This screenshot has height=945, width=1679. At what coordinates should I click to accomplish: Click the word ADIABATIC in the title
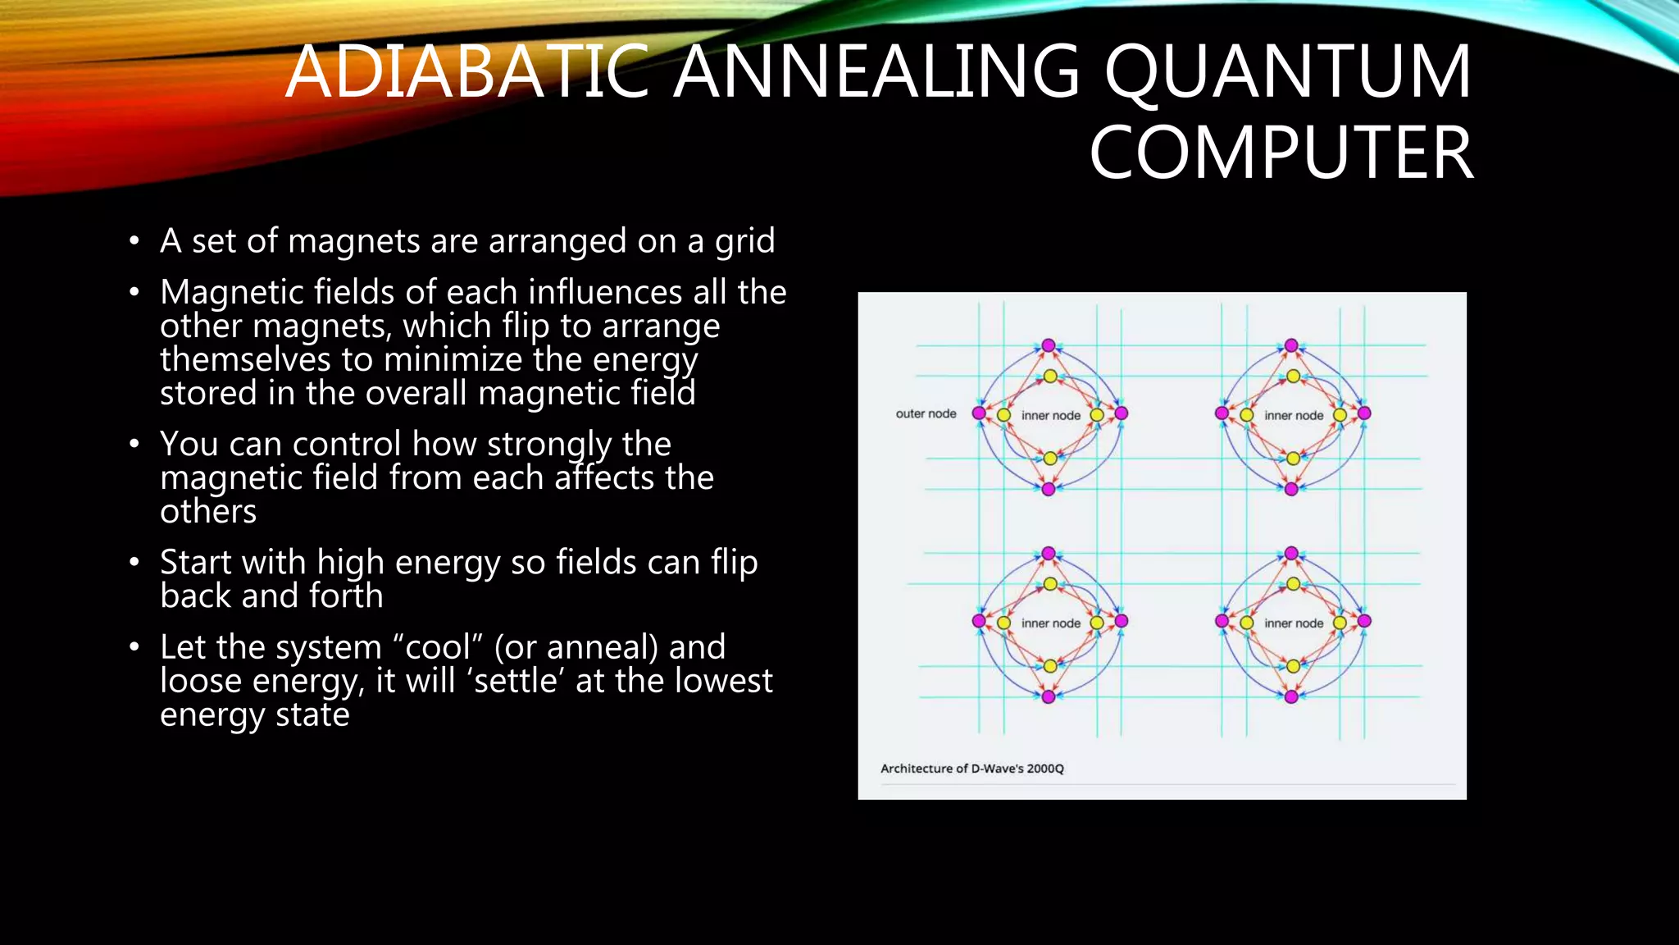(467, 72)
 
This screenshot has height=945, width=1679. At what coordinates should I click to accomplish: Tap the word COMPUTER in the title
(1281, 153)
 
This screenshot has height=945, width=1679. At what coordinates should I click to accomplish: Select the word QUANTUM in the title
(1288, 72)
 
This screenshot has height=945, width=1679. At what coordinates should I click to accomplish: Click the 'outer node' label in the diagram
(926, 413)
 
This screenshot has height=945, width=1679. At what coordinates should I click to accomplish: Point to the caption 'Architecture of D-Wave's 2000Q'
(971, 769)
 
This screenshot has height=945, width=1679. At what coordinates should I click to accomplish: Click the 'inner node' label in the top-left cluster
(1050, 415)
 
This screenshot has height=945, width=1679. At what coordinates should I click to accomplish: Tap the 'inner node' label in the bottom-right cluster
(1294, 623)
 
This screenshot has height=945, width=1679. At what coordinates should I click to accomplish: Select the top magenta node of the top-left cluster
(1049, 345)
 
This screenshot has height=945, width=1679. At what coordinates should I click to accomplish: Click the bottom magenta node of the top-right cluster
(1291, 489)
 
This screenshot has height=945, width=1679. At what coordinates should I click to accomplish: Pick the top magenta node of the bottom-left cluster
(1049, 554)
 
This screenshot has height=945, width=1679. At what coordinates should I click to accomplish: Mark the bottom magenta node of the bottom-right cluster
(1291, 696)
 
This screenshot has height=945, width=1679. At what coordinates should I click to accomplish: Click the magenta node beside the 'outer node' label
(978, 413)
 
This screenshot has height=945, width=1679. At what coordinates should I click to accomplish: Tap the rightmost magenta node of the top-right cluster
(1364, 413)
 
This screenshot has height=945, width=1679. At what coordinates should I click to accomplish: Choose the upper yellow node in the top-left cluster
(1050, 377)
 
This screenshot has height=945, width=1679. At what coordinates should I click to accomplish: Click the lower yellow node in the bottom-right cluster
(1293, 666)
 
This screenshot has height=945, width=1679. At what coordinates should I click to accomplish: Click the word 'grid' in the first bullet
(744, 242)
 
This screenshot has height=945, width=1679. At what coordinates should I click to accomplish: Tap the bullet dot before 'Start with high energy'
(134, 563)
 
